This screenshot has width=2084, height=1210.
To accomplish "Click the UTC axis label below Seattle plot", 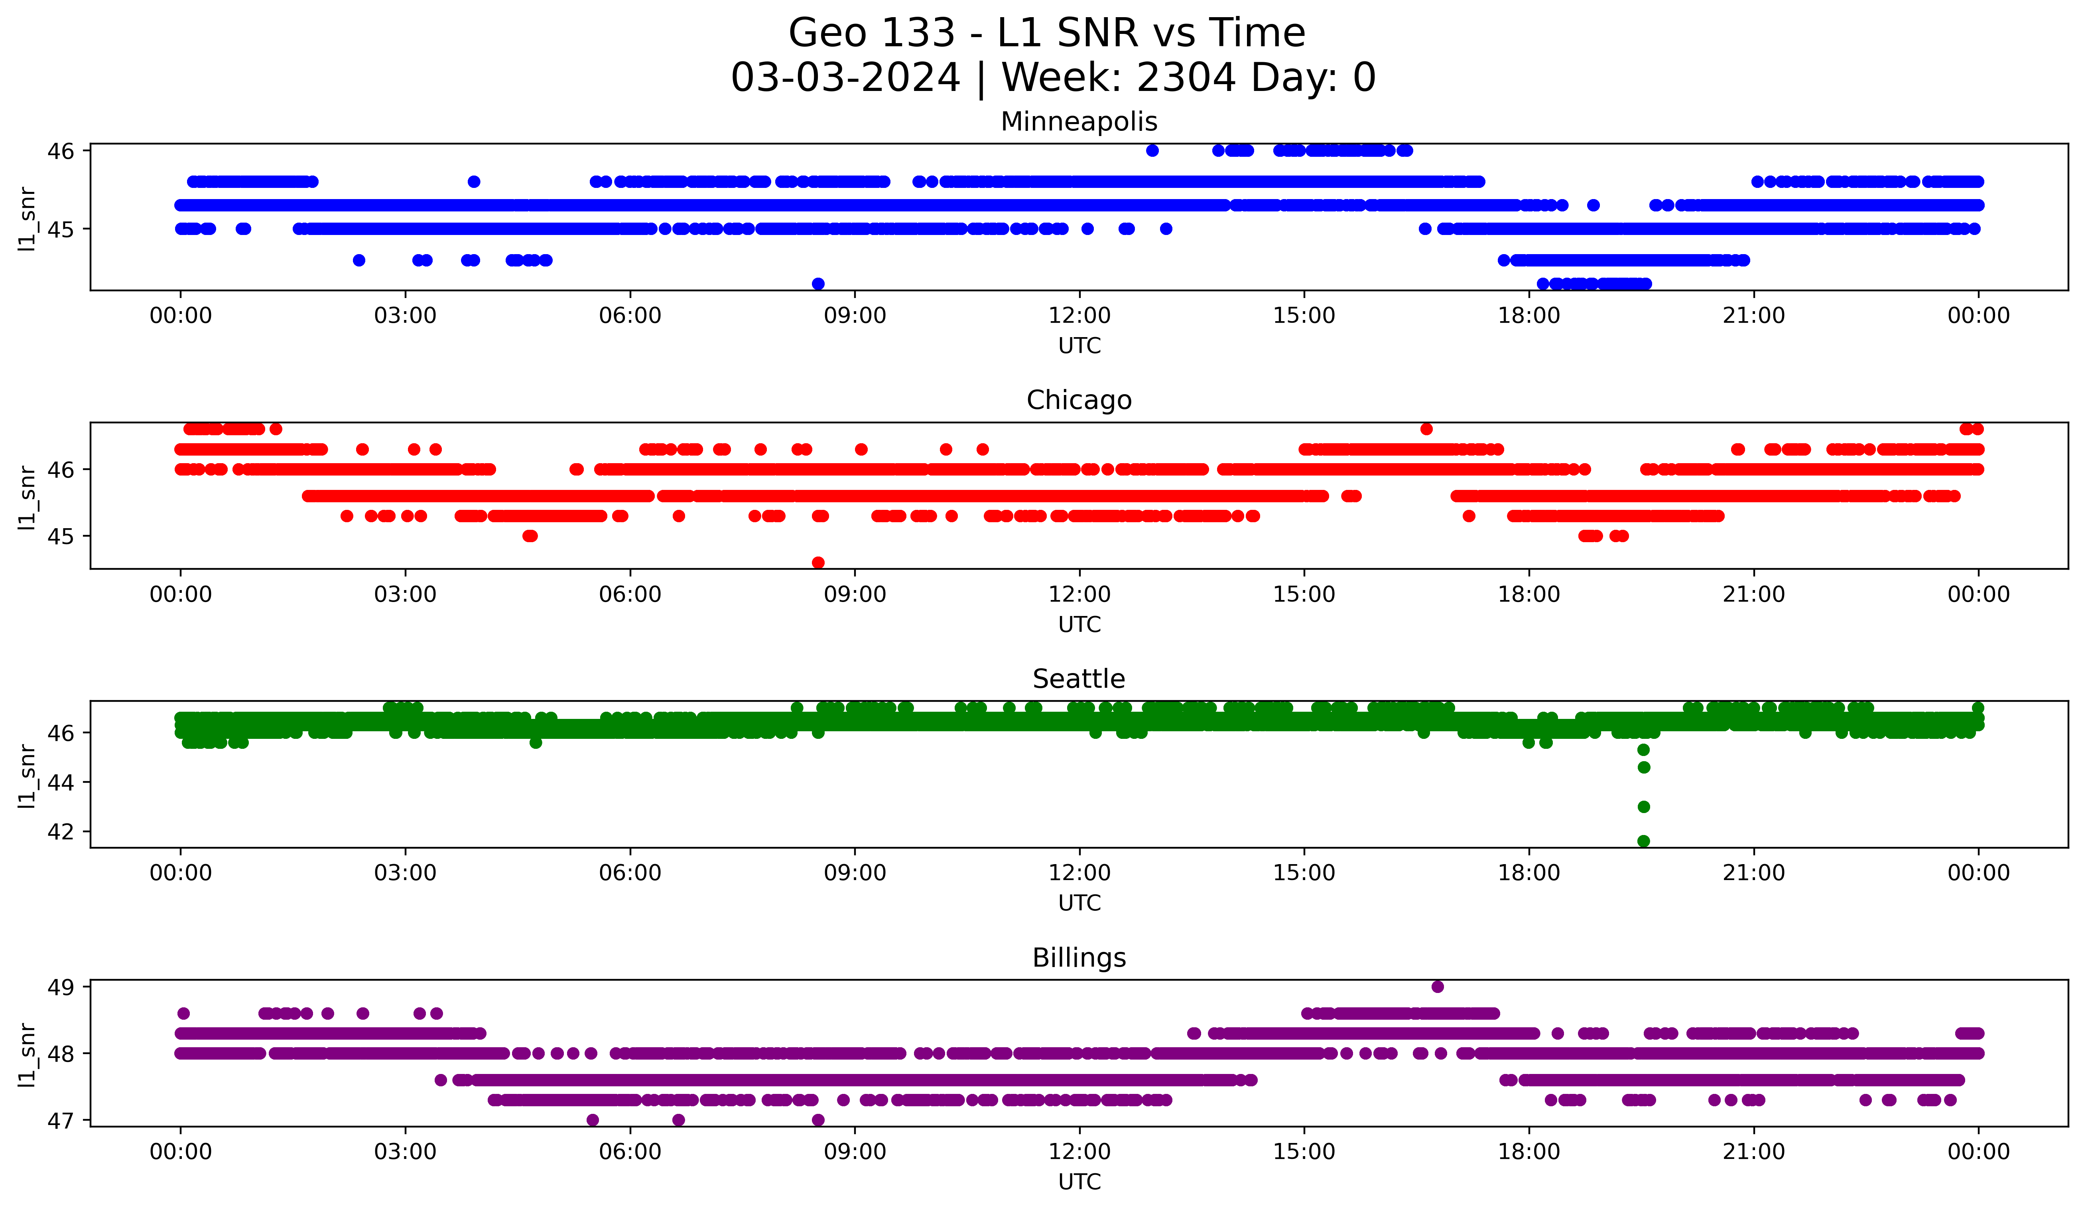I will pyautogui.click(x=1079, y=903).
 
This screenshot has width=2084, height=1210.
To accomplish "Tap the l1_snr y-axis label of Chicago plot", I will pyautogui.click(x=27, y=496).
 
